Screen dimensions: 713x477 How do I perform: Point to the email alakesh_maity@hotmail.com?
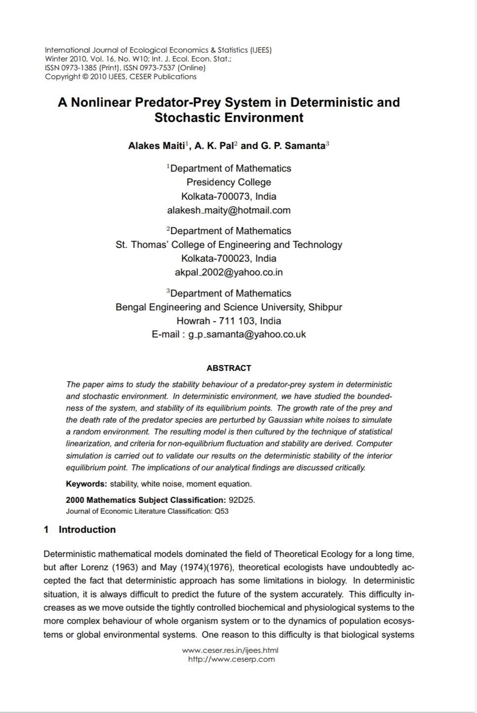point(229,210)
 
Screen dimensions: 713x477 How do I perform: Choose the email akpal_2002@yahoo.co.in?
point(229,272)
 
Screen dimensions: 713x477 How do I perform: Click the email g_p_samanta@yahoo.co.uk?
point(247,335)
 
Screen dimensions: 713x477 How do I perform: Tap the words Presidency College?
point(229,182)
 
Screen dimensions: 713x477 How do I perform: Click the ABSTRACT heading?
point(229,368)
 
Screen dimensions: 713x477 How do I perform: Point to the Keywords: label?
point(86,484)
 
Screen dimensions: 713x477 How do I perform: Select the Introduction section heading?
point(87,529)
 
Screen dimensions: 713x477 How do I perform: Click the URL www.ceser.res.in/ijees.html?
point(230,651)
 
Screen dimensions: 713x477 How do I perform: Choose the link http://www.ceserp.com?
point(231,659)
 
